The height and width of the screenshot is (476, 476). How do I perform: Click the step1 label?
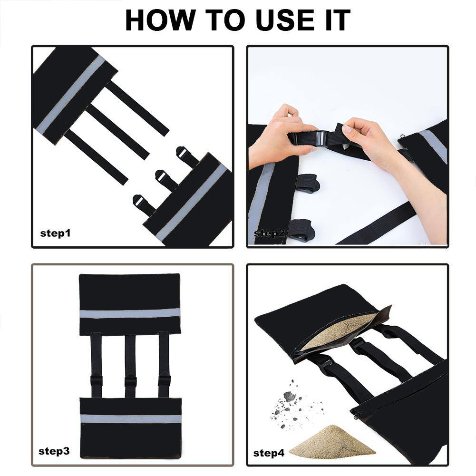coord(55,233)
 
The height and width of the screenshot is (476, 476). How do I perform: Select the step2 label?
coord(269,233)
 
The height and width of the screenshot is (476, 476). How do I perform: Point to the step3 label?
coord(54,451)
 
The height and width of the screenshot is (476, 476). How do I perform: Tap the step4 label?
coord(269,453)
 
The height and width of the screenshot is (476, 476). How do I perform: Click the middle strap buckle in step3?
coord(130,381)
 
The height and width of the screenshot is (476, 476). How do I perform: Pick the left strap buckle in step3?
coord(97,381)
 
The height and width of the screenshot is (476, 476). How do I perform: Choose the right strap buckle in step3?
coord(164,380)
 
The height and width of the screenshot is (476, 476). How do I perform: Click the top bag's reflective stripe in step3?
coord(129,313)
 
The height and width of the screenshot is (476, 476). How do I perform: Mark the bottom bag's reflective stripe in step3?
coord(131,418)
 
